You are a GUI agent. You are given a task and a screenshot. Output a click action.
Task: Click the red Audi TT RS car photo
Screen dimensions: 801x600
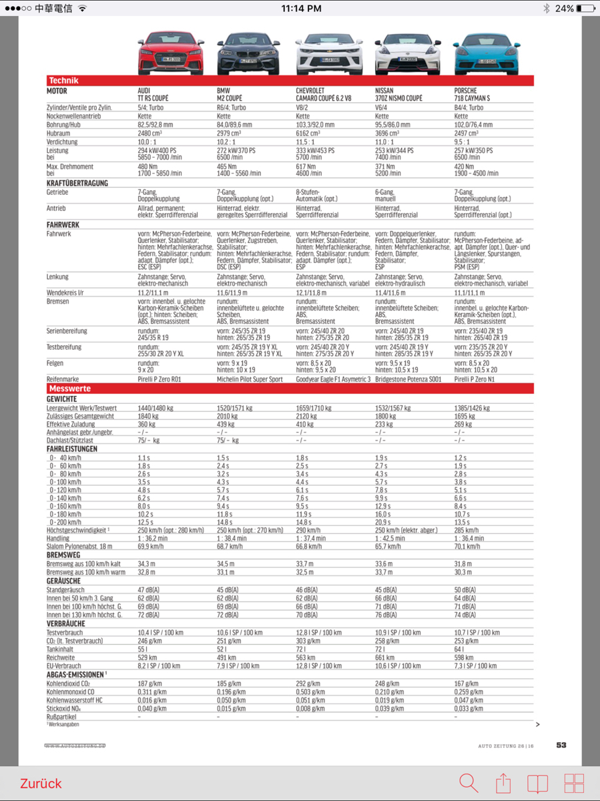170,53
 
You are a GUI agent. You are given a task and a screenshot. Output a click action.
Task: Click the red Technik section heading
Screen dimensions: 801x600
63,81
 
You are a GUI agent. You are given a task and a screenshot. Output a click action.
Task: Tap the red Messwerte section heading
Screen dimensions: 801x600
69,388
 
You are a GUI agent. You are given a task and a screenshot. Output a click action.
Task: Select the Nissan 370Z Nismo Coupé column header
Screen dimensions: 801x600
398,94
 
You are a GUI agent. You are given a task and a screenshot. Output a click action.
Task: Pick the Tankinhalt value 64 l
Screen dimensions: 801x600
459,649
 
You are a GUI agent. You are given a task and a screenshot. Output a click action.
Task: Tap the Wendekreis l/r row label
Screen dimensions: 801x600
65,292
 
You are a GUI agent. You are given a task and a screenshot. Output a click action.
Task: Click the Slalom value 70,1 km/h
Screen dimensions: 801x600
467,546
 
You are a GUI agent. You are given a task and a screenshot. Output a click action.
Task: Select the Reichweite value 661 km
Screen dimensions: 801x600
385,657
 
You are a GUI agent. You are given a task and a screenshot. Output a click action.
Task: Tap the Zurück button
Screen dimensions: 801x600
41,783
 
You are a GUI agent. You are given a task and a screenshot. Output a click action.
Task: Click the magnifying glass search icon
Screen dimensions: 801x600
469,783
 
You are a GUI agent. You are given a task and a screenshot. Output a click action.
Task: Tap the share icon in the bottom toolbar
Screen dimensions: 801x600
503,783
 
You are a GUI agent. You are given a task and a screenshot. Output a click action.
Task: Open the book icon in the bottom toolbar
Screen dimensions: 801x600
537,784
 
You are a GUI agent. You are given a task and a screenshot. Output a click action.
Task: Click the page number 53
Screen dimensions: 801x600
561,745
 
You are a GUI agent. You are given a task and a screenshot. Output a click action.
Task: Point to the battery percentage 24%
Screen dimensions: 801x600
564,9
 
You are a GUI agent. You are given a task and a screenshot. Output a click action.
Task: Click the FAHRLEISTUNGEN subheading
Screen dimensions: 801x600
72,449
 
